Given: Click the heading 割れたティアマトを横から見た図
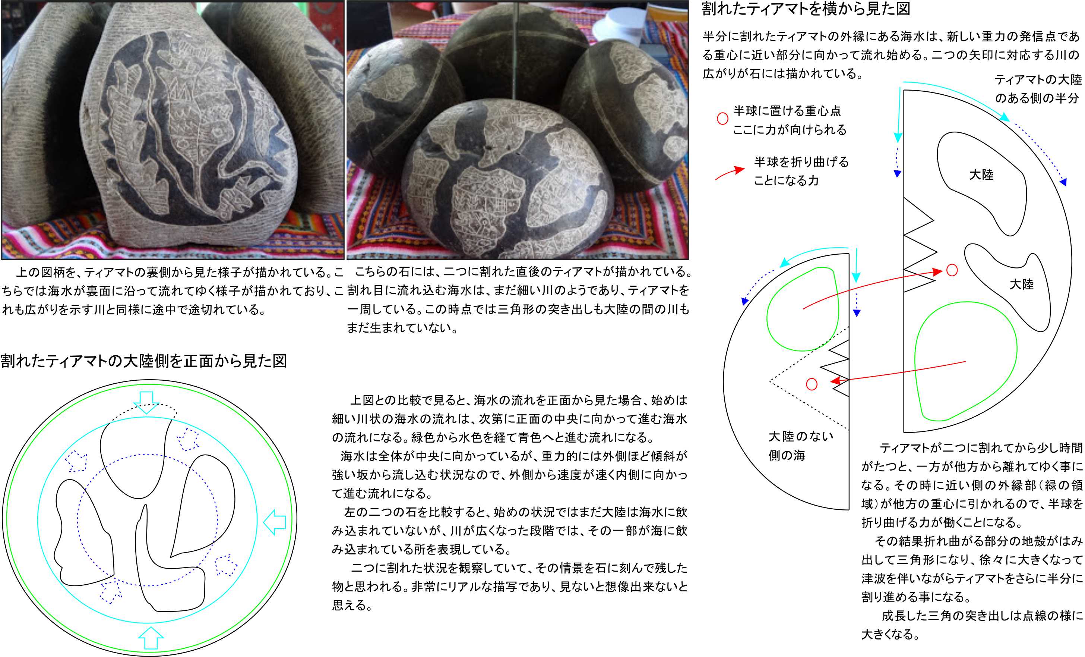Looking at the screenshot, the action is click(806, 9).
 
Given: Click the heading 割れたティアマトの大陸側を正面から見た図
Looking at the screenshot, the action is click(143, 361).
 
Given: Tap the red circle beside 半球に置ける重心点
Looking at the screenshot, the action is click(722, 119).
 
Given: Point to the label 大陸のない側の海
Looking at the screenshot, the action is click(801, 446).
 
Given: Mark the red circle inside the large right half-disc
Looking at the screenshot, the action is click(952, 270).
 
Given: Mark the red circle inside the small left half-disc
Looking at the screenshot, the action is click(812, 384).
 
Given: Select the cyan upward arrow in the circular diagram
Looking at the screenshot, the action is click(151, 638).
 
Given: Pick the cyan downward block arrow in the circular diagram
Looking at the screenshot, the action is click(146, 402).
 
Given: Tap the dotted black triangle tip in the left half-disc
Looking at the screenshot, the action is click(770, 381).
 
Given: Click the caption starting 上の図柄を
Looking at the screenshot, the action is click(172, 291).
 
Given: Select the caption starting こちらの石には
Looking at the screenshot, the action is click(519, 300).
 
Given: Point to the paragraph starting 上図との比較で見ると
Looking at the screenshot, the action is click(509, 502).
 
